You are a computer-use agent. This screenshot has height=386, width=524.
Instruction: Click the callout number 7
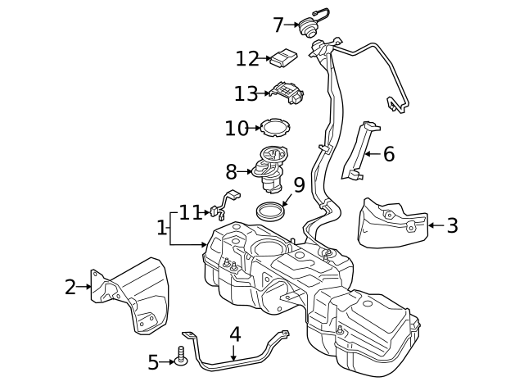278,25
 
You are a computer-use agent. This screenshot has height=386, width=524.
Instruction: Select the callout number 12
246,59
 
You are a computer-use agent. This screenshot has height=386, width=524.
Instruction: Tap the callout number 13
246,93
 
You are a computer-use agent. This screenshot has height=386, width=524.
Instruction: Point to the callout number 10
236,129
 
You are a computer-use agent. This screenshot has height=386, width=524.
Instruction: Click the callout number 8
231,171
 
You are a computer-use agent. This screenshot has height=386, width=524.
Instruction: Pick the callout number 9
299,185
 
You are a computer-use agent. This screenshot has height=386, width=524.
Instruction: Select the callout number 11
191,213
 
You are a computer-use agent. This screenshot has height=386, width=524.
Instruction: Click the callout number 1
161,227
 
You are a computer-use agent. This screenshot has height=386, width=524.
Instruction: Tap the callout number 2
70,287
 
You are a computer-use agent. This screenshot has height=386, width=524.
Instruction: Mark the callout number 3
452,225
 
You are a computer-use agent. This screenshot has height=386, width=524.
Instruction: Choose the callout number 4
235,334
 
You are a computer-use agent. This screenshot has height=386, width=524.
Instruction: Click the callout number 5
153,361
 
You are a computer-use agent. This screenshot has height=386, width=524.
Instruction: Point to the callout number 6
388,153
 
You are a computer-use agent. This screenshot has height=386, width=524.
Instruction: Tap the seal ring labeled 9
271,211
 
